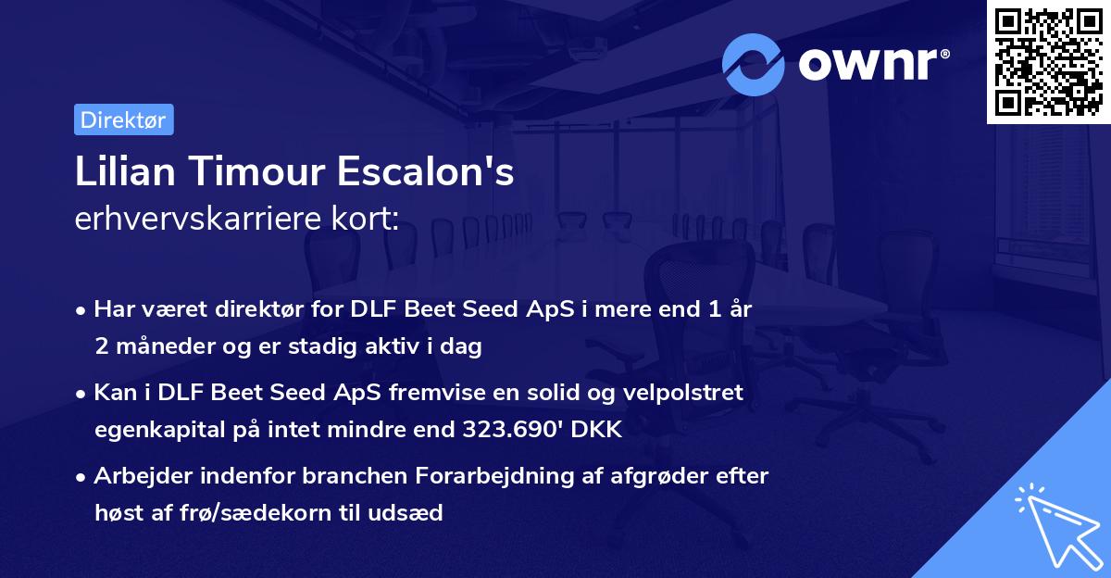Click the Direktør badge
(123, 119)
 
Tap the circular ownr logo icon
(754, 64)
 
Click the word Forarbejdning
(498, 476)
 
